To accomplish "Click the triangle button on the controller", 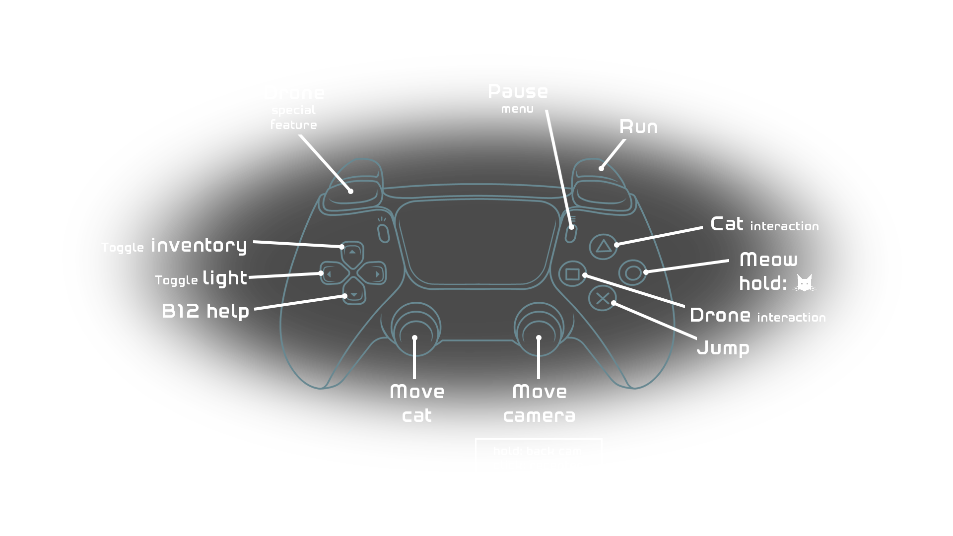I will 603,246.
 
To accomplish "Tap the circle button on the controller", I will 633,273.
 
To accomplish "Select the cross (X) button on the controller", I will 602,299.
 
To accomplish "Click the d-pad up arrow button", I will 352,252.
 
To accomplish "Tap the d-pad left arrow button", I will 330,273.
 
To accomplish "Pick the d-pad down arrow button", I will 354,294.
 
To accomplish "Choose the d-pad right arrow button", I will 375,273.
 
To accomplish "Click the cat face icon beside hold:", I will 804,283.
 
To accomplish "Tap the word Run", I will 638,127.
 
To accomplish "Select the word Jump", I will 723,348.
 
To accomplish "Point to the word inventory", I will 199,246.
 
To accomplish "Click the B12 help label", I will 205,311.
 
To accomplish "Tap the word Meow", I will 768,260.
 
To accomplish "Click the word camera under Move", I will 539,416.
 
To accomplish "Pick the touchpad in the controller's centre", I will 476,243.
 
